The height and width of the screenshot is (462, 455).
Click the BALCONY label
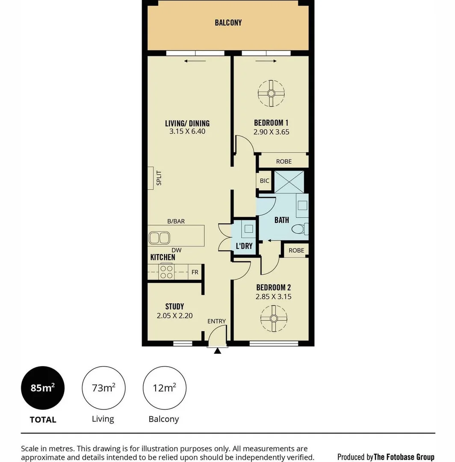click(228, 23)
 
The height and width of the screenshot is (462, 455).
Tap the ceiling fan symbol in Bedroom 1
click(271, 93)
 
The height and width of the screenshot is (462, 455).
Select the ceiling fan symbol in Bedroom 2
click(273, 318)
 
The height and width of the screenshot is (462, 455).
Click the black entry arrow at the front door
click(218, 351)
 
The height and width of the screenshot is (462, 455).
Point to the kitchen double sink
click(159, 238)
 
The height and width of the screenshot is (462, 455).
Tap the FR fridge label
click(195, 272)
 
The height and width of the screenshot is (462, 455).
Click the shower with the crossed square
click(289, 181)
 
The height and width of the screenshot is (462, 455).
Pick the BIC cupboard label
click(265, 181)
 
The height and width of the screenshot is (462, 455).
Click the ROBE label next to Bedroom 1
click(284, 161)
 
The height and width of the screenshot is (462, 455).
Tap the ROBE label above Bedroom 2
click(296, 251)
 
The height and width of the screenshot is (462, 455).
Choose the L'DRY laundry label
click(244, 246)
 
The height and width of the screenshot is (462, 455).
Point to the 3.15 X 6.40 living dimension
click(187, 132)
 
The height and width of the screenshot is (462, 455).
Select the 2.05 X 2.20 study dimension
click(174, 316)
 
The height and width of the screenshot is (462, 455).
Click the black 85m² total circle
click(43, 388)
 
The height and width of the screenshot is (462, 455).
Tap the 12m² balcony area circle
click(164, 388)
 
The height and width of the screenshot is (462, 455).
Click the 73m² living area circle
click(103, 388)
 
